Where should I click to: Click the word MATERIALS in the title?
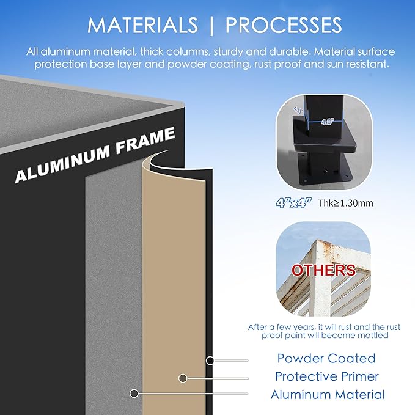point(142,25)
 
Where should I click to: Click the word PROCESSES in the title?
point(284,25)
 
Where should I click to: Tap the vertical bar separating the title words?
point(211,26)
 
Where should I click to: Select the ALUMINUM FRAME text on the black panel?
point(95,155)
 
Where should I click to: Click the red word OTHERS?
point(323,270)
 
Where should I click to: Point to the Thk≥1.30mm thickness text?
point(346,203)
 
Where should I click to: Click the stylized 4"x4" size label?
point(293,203)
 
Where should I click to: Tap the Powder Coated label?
point(326,358)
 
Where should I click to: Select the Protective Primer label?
point(327,376)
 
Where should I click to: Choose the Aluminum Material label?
point(328,394)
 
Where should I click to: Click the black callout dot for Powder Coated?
point(210,361)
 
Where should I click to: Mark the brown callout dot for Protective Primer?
point(183,378)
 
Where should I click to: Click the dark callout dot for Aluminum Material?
point(134,393)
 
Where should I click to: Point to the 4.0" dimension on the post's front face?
point(328,122)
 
